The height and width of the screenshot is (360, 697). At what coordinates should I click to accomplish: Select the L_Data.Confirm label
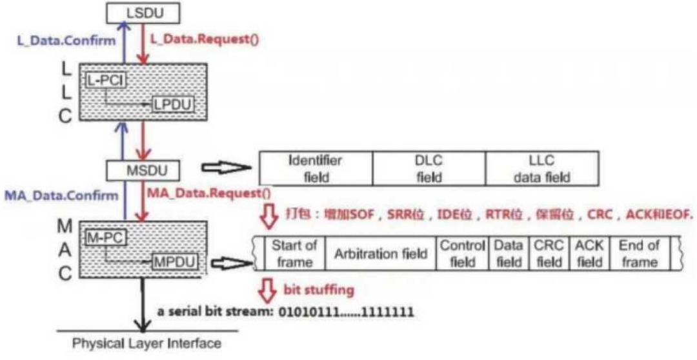click(x=66, y=41)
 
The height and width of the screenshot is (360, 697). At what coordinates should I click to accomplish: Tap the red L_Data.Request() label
click(x=205, y=39)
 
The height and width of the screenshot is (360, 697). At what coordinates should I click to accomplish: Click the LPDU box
click(x=173, y=105)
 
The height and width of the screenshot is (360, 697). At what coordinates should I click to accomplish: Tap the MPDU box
click(x=174, y=263)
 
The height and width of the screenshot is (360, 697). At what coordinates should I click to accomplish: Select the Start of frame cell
click(x=294, y=254)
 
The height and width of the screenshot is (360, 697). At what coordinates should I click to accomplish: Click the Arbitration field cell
click(x=380, y=254)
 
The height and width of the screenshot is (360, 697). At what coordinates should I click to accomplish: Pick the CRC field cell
click(x=549, y=254)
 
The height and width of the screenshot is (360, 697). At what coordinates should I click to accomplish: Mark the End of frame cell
click(x=638, y=254)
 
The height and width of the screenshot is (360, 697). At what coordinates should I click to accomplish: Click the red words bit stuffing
click(x=319, y=290)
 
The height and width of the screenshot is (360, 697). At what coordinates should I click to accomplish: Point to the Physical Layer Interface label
click(x=146, y=343)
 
